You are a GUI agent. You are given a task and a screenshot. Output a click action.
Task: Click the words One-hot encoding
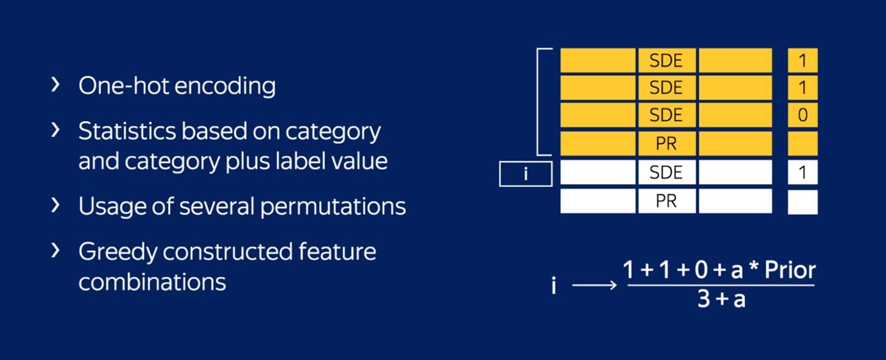[x=177, y=86]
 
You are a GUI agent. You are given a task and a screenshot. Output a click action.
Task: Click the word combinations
[x=152, y=281]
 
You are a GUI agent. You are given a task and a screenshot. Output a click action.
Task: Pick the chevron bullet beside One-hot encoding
[x=56, y=85]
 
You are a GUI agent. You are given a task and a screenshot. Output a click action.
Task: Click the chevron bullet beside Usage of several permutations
[x=56, y=205]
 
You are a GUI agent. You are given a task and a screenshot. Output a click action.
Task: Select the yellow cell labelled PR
[x=666, y=144]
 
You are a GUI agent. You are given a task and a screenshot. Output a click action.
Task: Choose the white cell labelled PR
[x=666, y=201]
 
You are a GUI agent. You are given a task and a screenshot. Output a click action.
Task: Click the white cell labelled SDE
[x=666, y=173]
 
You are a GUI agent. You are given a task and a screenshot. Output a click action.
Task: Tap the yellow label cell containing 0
[x=802, y=115]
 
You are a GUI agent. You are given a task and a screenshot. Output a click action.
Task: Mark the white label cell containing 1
[x=802, y=173]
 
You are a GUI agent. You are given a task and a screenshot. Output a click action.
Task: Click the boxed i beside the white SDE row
[x=525, y=174]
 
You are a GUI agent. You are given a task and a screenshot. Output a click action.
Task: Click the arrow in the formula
[x=594, y=285]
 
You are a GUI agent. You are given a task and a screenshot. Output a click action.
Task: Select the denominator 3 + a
[x=721, y=301]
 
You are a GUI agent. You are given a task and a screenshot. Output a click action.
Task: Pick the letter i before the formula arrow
[x=553, y=286]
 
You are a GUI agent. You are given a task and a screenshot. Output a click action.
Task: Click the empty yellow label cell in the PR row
[x=802, y=144]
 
